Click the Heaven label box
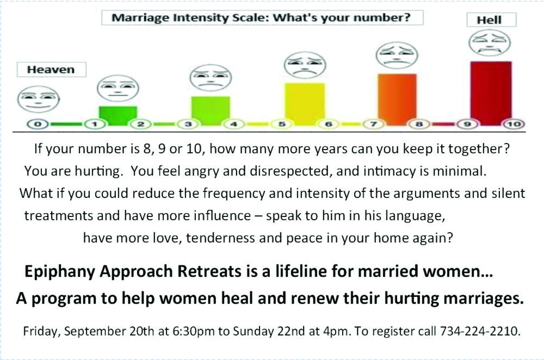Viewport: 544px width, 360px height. (x=51, y=70)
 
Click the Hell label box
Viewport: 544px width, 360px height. (x=491, y=20)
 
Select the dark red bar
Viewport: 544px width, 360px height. (x=491, y=92)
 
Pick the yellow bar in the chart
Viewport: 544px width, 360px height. (x=305, y=104)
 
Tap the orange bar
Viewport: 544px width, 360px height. (x=397, y=99)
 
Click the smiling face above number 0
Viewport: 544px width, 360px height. (x=38, y=99)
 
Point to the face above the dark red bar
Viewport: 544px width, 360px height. (x=490, y=43)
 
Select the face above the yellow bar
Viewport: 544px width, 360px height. (x=305, y=65)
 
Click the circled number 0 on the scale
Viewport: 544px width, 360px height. (x=38, y=124)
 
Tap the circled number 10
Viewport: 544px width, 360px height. (x=514, y=124)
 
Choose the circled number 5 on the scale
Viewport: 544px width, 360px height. (x=282, y=124)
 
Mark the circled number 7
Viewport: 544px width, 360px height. (x=374, y=124)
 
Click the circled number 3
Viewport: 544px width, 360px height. (x=188, y=124)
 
